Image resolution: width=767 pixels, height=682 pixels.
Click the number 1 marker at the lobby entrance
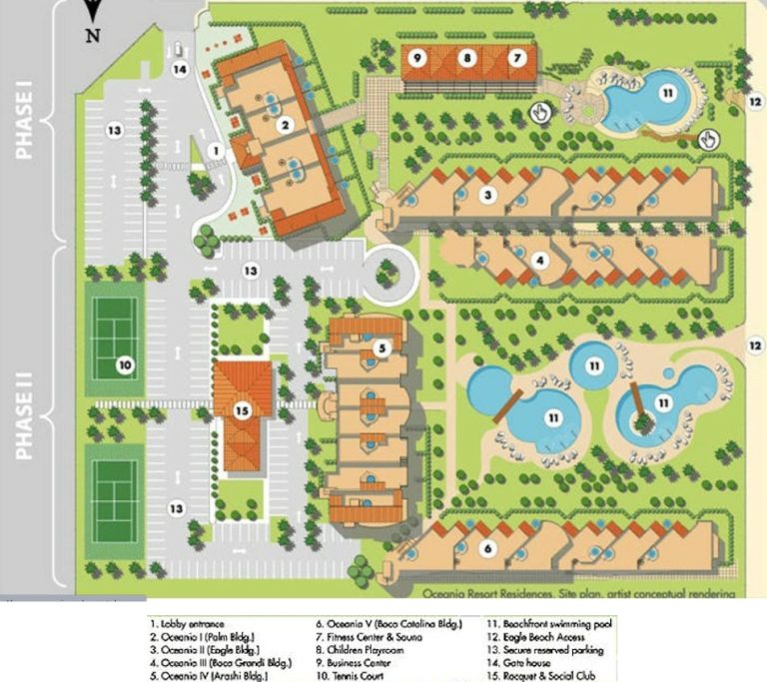[x=214, y=151]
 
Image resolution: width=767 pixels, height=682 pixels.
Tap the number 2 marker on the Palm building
[x=285, y=125]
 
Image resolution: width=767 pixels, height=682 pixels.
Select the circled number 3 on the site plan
[x=487, y=195]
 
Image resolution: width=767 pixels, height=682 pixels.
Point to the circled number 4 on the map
[x=539, y=262]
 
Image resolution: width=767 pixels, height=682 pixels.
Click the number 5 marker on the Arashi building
[x=383, y=348]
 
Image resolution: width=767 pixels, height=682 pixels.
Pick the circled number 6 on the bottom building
[x=487, y=548]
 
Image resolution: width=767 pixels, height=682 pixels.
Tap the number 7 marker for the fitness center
[x=515, y=58]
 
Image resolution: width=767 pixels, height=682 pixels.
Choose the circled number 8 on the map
[x=466, y=58]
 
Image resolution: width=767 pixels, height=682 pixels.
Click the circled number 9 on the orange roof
[x=419, y=58]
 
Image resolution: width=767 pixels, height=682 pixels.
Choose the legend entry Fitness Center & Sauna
[x=369, y=636]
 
